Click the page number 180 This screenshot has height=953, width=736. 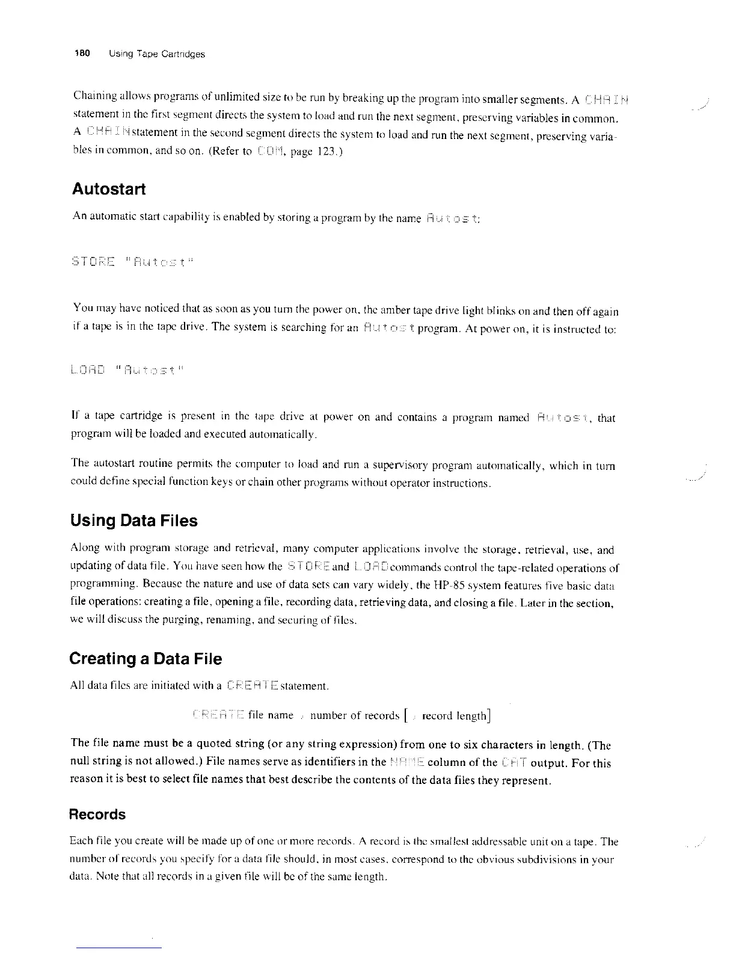point(81,54)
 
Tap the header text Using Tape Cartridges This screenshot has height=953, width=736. point(157,54)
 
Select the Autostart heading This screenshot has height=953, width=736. point(108,189)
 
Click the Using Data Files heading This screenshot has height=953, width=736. point(133,520)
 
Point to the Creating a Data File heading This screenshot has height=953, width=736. point(146,659)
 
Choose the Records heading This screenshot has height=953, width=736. point(97,815)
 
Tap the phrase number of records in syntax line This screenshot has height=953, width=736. point(354,715)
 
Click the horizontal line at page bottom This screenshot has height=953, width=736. point(118,948)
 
